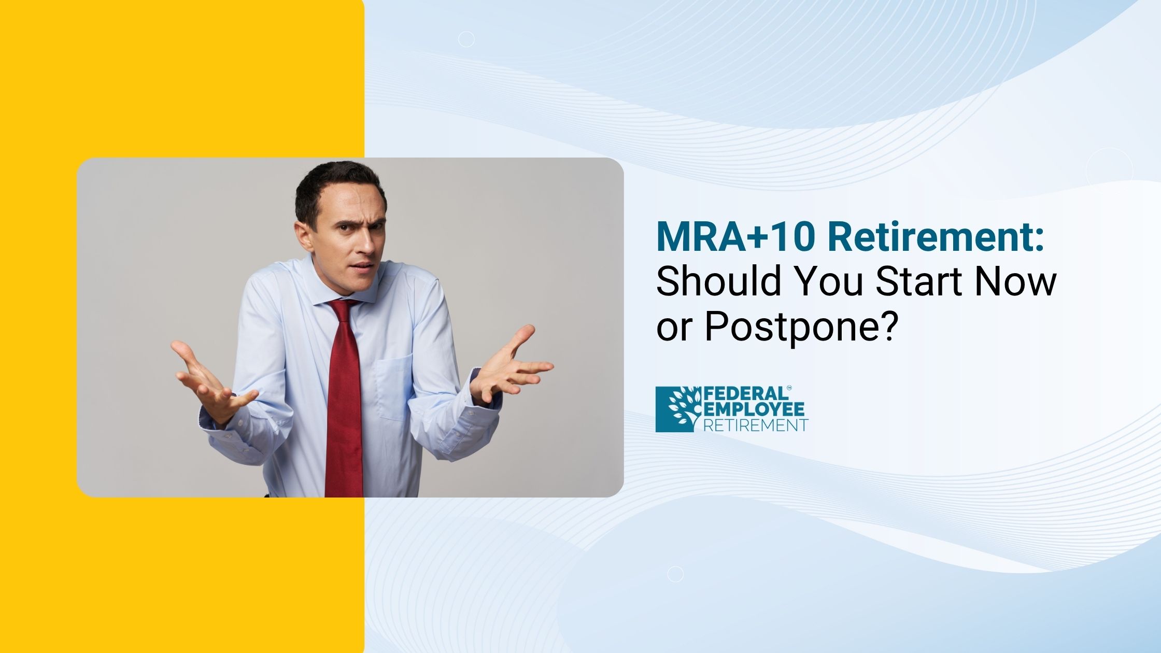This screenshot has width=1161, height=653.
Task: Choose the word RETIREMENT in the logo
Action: point(756,425)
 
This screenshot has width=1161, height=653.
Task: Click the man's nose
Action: point(367,244)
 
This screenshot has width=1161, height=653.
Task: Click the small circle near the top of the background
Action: point(466,39)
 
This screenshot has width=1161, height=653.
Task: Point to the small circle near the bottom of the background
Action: point(675,574)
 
